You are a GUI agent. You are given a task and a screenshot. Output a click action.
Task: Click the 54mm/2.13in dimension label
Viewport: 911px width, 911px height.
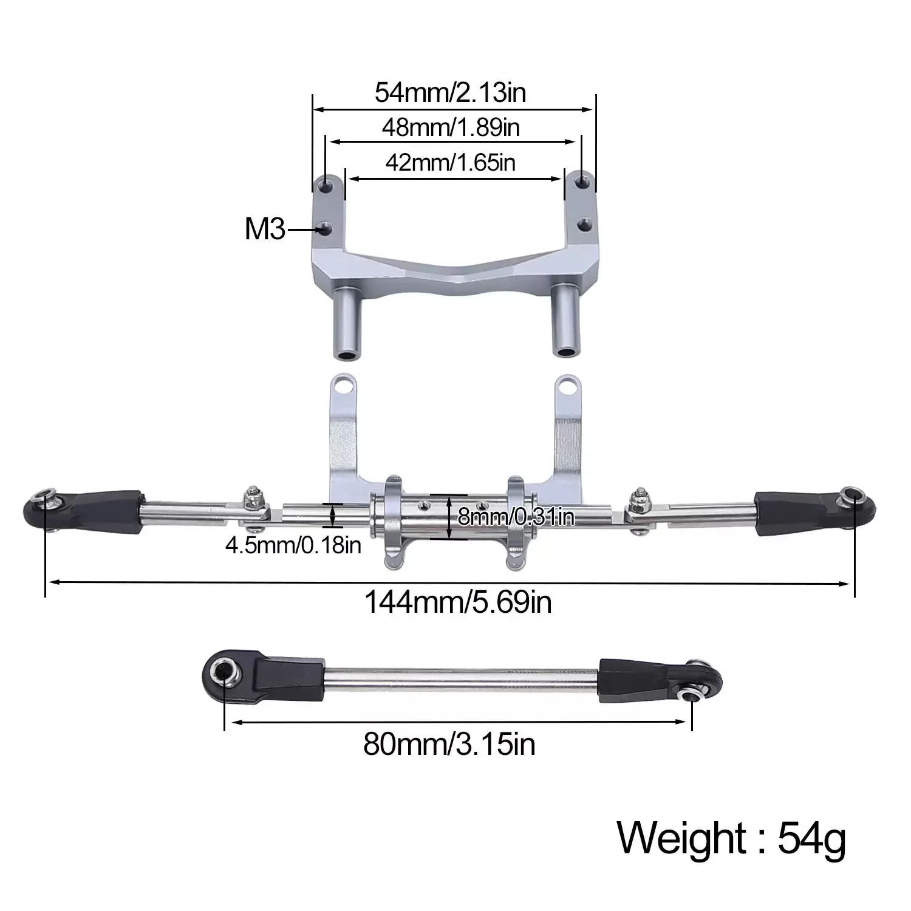coord(450,93)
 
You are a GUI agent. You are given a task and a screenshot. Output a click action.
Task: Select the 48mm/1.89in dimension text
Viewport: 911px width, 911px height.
coord(451,128)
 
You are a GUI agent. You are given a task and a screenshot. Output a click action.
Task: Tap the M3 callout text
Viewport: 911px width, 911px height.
coord(265,230)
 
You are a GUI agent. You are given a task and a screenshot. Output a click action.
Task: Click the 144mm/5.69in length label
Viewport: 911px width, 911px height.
coord(458,602)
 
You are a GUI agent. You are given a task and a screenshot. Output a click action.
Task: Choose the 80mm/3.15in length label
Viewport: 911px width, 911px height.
coord(449,743)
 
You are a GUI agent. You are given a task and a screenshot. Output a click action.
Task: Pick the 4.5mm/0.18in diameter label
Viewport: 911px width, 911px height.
coord(293,545)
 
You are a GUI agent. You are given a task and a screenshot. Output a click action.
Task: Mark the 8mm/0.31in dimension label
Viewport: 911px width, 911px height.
coord(516,517)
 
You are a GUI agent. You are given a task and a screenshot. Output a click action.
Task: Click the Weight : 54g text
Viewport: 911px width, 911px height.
coord(731,839)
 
